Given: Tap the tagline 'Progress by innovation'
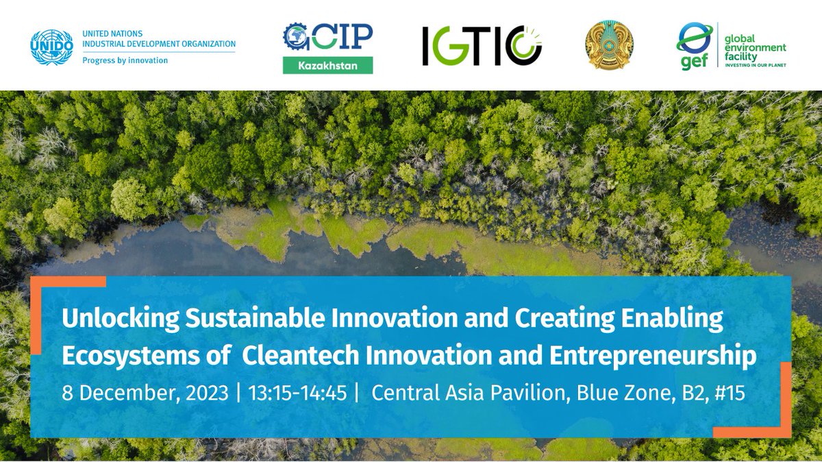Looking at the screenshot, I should pos(125,60).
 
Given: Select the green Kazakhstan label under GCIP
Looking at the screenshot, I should pos(328,65).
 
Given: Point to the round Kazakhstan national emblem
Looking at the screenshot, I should pos(610,45).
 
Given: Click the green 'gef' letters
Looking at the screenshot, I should pos(692,60).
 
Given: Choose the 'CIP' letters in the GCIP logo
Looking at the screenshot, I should pos(345,36).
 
